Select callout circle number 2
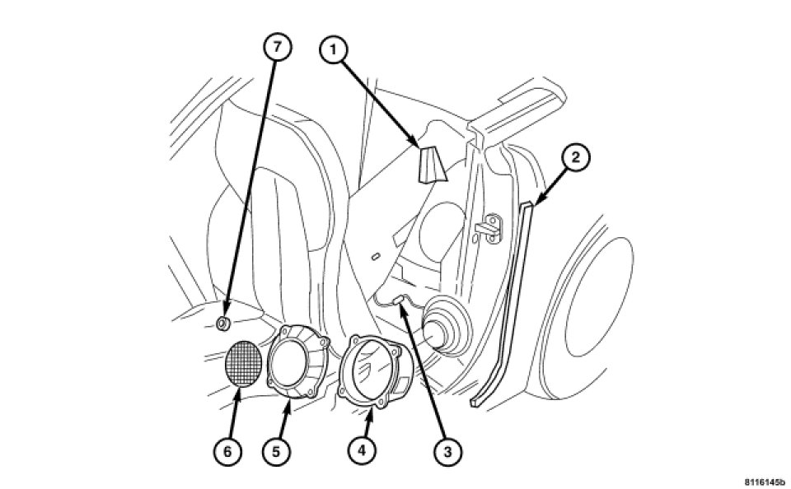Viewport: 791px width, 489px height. click(576, 158)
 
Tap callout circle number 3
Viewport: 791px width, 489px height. click(447, 452)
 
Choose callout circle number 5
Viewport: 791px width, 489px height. click(276, 451)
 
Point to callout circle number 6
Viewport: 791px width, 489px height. click(227, 452)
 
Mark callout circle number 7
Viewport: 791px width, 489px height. click(277, 48)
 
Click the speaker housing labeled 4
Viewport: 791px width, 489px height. click(376, 369)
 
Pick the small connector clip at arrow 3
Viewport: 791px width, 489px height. click(399, 300)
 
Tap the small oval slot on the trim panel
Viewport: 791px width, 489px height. click(376, 257)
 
